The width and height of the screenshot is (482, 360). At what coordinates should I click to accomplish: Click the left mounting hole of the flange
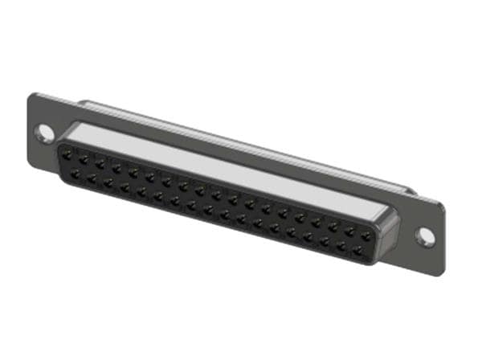(46, 132)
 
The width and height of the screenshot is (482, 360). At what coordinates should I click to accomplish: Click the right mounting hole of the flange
(425, 236)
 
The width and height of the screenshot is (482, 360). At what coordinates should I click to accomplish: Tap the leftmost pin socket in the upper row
(68, 153)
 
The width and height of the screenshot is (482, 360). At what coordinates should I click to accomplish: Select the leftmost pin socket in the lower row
(76, 171)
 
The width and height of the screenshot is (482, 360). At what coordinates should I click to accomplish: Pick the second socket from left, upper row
(84, 157)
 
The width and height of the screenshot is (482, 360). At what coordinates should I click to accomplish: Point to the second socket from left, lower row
(92, 176)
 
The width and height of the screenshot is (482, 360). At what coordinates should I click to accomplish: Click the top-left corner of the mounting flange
(32, 95)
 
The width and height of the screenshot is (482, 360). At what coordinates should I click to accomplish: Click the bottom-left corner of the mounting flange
(31, 166)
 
